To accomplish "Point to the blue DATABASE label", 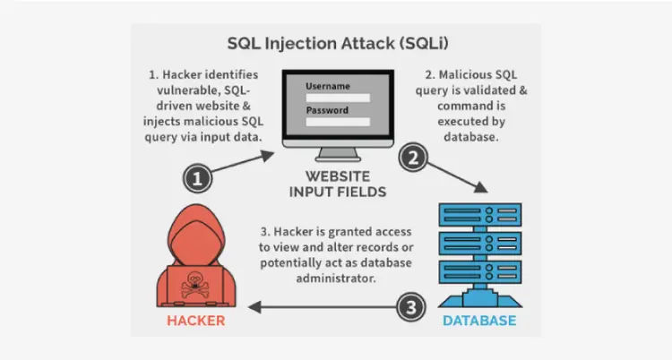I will (x=478, y=320).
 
